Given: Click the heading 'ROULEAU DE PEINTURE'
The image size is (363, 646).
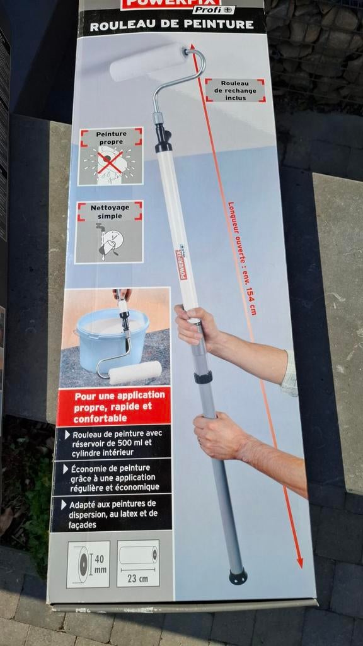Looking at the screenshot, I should tap(172, 26).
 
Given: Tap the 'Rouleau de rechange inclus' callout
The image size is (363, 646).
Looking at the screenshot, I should tap(235, 90).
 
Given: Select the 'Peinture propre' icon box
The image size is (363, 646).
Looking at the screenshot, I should tap(111, 156).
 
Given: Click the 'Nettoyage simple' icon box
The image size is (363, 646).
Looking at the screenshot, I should tap(110, 232).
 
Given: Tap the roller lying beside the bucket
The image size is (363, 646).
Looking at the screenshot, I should tap(135, 372).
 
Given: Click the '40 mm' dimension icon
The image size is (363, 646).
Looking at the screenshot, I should tap(88, 563).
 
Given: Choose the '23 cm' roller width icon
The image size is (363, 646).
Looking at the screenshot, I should tap(138, 563).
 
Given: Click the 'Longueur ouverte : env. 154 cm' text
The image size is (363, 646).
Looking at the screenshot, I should tap(243, 258).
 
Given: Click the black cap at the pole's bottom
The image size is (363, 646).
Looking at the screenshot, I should tap(238, 577).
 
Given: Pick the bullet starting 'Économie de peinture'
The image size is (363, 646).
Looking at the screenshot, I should tap(113, 477).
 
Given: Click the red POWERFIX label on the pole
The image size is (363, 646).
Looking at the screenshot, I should tap(181, 264).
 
